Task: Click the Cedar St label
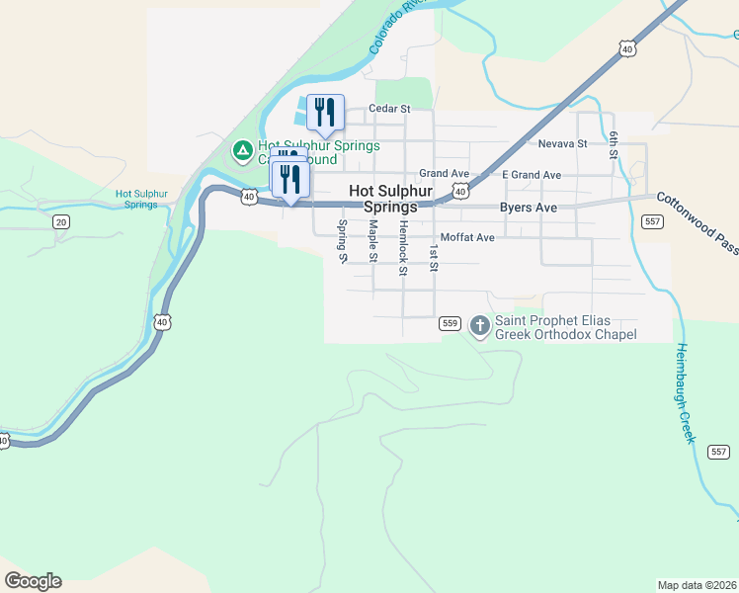(x=388, y=109)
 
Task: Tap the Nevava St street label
(x=563, y=143)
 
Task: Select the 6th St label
(x=614, y=145)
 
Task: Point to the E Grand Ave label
(x=532, y=175)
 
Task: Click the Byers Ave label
(x=528, y=208)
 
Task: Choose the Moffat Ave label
(x=467, y=238)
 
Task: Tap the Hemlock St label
(x=403, y=241)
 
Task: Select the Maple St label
(x=372, y=241)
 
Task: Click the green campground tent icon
(x=241, y=151)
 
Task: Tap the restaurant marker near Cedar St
(x=325, y=112)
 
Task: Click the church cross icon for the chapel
(x=480, y=325)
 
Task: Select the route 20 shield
(x=61, y=221)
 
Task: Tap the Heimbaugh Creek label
(x=684, y=393)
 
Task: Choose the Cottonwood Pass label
(x=698, y=223)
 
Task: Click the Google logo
(x=33, y=581)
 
